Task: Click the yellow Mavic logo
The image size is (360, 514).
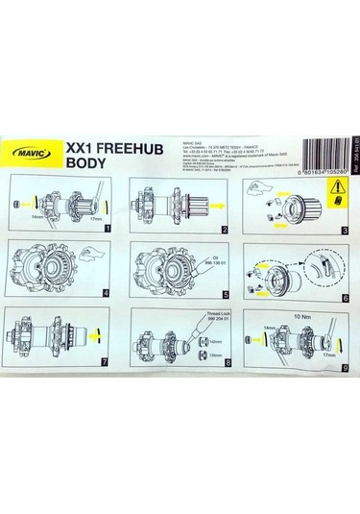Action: [35, 150]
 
